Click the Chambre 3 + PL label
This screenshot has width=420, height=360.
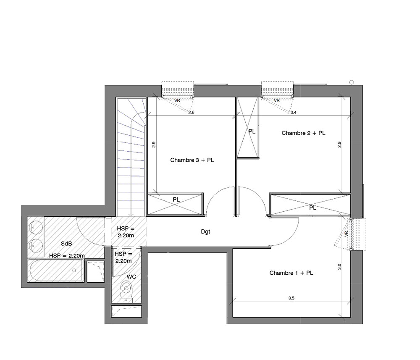tap(192, 160)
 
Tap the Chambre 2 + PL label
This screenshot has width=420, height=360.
tap(304, 133)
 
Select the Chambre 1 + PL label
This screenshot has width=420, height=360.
tap(291, 273)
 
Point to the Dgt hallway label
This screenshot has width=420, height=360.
tap(205, 232)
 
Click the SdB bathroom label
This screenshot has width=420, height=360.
tap(66, 244)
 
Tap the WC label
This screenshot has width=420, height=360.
tap(131, 277)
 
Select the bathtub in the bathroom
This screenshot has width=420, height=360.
tap(56, 271)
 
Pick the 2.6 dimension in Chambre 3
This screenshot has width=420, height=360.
tap(191, 113)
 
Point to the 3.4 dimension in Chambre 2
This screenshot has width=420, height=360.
tap(293, 113)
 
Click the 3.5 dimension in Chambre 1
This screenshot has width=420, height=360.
tap(291, 298)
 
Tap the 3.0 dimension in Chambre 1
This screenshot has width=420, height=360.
tap(339, 267)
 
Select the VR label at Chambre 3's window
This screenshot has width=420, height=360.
tap(177, 101)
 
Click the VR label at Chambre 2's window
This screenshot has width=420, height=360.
tap(277, 101)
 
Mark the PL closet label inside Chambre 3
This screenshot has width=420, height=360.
tap(176, 200)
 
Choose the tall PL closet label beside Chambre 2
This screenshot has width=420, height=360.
tap(252, 131)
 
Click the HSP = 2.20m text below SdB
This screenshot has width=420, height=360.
tap(67, 256)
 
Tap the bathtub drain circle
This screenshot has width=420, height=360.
tap(74, 270)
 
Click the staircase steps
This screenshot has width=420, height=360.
tap(131, 157)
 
